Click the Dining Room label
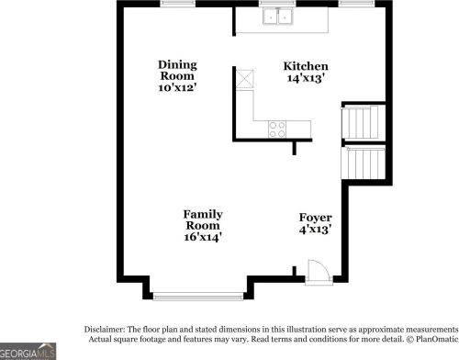tap(177, 70)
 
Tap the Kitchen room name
tap(305, 66)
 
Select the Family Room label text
tap(203, 219)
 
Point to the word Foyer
tap(315, 218)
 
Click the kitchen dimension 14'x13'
tap(305, 79)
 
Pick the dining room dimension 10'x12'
tap(177, 88)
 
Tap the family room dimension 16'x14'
tap(203, 237)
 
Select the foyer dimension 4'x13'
tap(315, 230)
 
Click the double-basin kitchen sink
tap(276, 16)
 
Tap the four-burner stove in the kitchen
tap(276, 129)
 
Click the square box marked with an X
tap(243, 78)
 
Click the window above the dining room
tap(175, 4)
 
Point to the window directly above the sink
tap(276, 4)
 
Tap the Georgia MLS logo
tap(28, 352)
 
